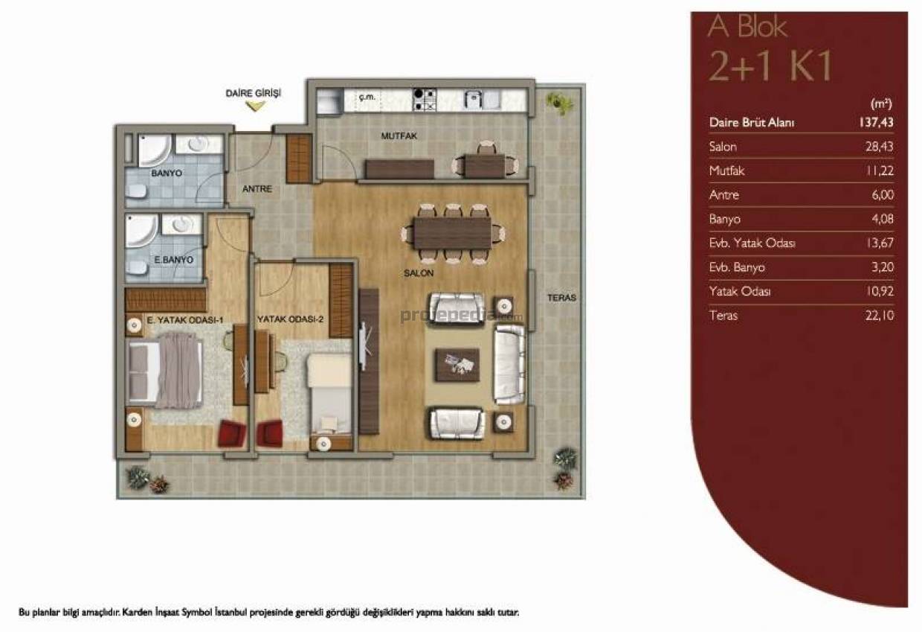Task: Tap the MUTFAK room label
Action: [399, 136]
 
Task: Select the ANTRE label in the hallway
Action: [257, 189]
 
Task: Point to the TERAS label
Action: [561, 298]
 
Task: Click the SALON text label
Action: [419, 273]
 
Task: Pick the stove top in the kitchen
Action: [425, 100]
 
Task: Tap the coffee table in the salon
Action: [457, 365]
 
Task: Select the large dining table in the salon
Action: [453, 233]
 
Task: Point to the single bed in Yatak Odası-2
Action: [329, 395]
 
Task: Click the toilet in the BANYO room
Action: [136, 191]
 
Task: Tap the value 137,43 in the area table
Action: [877, 123]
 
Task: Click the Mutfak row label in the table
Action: [726, 170]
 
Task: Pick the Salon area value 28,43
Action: [879, 147]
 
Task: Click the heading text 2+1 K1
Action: [770, 66]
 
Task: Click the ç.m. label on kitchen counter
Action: [367, 98]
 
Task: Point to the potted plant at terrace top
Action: [559, 103]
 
